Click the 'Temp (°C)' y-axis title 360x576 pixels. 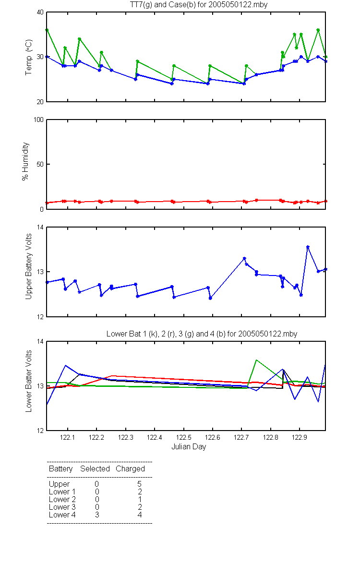pyautogui.click(x=28, y=57)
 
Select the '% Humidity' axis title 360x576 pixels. pyautogui.click(x=25, y=161)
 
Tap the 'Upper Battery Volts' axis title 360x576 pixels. pyautogui.click(x=28, y=266)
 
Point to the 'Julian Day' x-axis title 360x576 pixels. pyautogui.click(x=189, y=447)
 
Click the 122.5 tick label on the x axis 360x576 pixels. pyautogui.click(x=183, y=437)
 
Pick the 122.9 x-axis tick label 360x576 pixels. pyautogui.click(x=300, y=437)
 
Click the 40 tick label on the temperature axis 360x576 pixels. pyautogui.click(x=40, y=12)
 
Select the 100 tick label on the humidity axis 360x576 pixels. pyautogui.click(x=38, y=120)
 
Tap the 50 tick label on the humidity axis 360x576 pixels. pyautogui.click(x=40, y=164)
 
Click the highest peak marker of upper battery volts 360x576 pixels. pyautogui.click(x=308, y=247)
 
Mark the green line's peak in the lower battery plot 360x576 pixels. pyautogui.click(x=256, y=360)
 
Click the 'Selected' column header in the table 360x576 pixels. pyautogui.click(x=95, y=469)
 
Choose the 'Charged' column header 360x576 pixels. pyautogui.click(x=130, y=469)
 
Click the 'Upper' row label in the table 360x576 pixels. pyautogui.click(x=59, y=484)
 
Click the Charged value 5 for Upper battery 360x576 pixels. pyautogui.click(x=139, y=484)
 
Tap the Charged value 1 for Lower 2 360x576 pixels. pyautogui.click(x=140, y=499)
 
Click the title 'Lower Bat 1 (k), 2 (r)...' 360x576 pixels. pyautogui.click(x=202, y=334)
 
